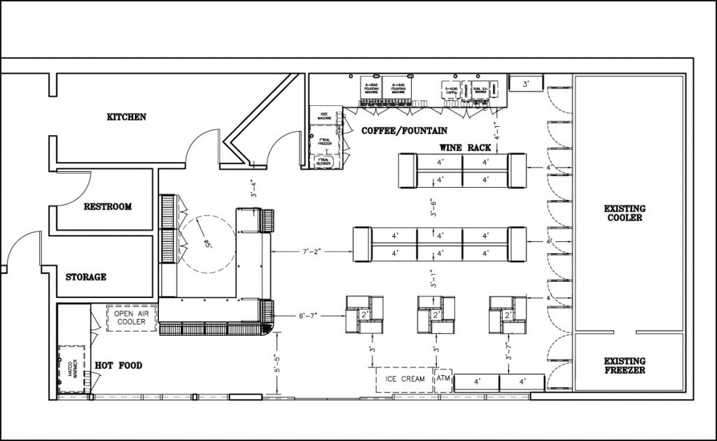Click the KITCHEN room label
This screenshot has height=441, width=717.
pos(126,116)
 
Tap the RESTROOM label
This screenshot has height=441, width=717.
pos(107,207)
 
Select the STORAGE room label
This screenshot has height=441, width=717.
pos(86,277)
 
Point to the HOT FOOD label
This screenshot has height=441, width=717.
pos(118,365)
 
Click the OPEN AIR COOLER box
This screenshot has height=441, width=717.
pos(130,318)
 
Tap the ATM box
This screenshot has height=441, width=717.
pos(443,379)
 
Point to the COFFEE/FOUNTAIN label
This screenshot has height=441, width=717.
pos(404,131)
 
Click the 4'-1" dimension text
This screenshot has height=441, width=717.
pos(496,132)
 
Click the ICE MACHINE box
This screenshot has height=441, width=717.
pos(324,116)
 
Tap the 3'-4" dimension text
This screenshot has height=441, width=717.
pos(243,189)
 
